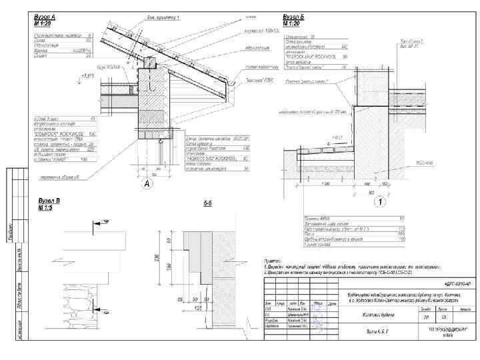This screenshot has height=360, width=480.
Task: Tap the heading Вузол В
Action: click(49, 201)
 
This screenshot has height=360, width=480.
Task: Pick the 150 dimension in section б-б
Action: click(170, 266)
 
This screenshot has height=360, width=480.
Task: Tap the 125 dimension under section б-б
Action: click(199, 308)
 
